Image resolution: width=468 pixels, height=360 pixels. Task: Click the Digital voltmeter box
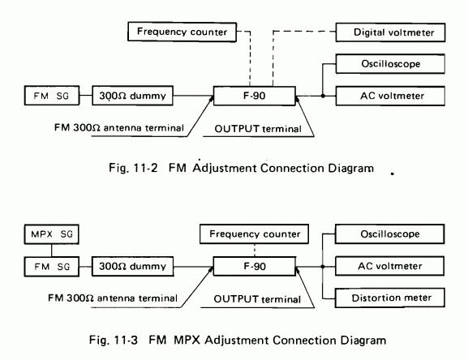click(x=390, y=32)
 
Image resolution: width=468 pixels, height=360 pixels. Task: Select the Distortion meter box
click(x=390, y=298)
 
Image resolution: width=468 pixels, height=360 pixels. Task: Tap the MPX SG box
click(x=52, y=234)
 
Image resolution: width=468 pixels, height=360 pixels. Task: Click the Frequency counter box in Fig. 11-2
click(x=182, y=32)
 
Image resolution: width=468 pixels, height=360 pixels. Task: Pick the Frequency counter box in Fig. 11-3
click(x=255, y=234)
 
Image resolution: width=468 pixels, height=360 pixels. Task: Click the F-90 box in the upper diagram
click(x=255, y=96)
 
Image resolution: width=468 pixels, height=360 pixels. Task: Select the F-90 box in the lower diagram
click(x=255, y=266)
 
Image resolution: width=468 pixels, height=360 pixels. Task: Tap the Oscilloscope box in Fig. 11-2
click(x=390, y=64)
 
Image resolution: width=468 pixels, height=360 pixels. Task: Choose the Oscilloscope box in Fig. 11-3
click(x=390, y=234)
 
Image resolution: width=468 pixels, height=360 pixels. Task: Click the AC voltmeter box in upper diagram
click(x=390, y=96)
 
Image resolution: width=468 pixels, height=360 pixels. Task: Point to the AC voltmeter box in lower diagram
click(x=390, y=266)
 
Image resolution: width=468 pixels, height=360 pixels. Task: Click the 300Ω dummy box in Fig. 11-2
click(x=132, y=96)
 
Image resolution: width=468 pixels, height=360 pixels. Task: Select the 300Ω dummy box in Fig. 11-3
click(x=132, y=266)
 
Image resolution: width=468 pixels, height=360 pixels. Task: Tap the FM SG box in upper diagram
click(x=52, y=96)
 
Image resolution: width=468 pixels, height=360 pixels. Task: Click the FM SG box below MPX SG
click(x=52, y=267)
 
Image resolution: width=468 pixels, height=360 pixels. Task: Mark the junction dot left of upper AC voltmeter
click(x=323, y=96)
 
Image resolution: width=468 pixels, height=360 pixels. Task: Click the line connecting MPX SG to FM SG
click(x=52, y=251)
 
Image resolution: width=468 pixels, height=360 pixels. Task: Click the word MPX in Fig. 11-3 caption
click(x=187, y=340)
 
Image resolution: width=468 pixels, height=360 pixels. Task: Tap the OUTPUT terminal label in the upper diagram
click(x=258, y=129)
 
